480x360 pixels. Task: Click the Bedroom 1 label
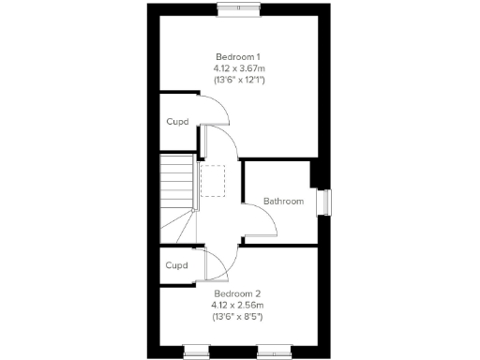(237, 56)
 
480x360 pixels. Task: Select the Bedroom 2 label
(237, 293)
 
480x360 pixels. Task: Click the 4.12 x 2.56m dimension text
(237, 305)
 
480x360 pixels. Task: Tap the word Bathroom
(282, 202)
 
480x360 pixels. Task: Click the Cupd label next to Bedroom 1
(177, 122)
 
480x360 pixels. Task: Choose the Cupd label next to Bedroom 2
(176, 265)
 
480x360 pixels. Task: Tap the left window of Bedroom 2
(195, 352)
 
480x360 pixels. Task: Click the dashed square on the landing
(213, 181)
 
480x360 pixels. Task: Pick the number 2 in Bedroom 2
(259, 293)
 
